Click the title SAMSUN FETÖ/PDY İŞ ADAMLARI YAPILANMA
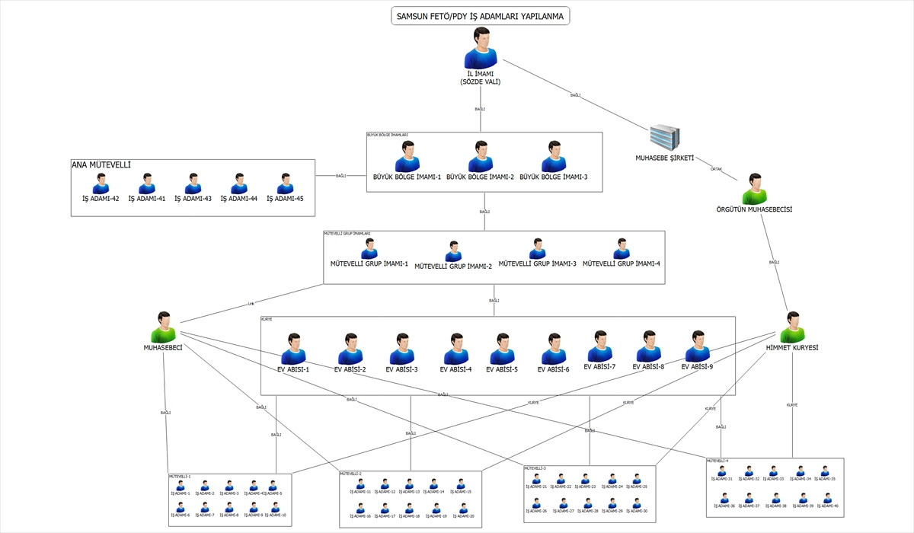coord(480,16)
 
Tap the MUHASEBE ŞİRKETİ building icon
coord(663,137)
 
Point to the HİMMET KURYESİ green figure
coord(793,327)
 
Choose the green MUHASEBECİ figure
coord(164,327)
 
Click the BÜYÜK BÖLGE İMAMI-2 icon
coord(480,157)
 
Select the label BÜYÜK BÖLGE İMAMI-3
coord(554,177)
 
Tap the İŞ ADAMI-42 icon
coord(101,184)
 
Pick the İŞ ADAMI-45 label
coord(285,199)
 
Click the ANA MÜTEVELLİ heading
coord(101,164)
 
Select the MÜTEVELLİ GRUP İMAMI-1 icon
coord(369,249)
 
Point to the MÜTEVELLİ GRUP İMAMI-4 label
coord(622,263)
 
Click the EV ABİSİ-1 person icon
coord(293,349)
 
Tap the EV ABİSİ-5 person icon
coord(501,349)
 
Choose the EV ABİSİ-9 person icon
coord(696,346)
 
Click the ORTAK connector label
coord(716,169)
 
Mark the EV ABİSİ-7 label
coord(599,366)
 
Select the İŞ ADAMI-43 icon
coord(193,184)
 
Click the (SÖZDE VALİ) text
coord(481,81)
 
